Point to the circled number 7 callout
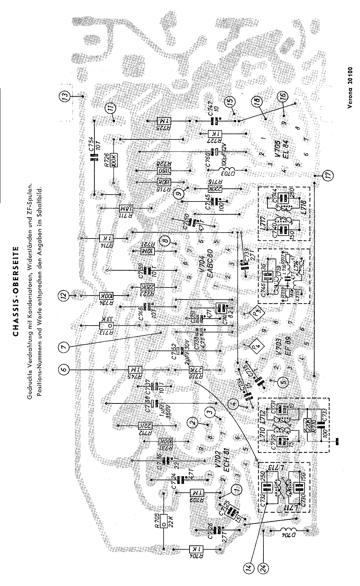click(65, 348)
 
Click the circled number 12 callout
click(64, 295)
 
